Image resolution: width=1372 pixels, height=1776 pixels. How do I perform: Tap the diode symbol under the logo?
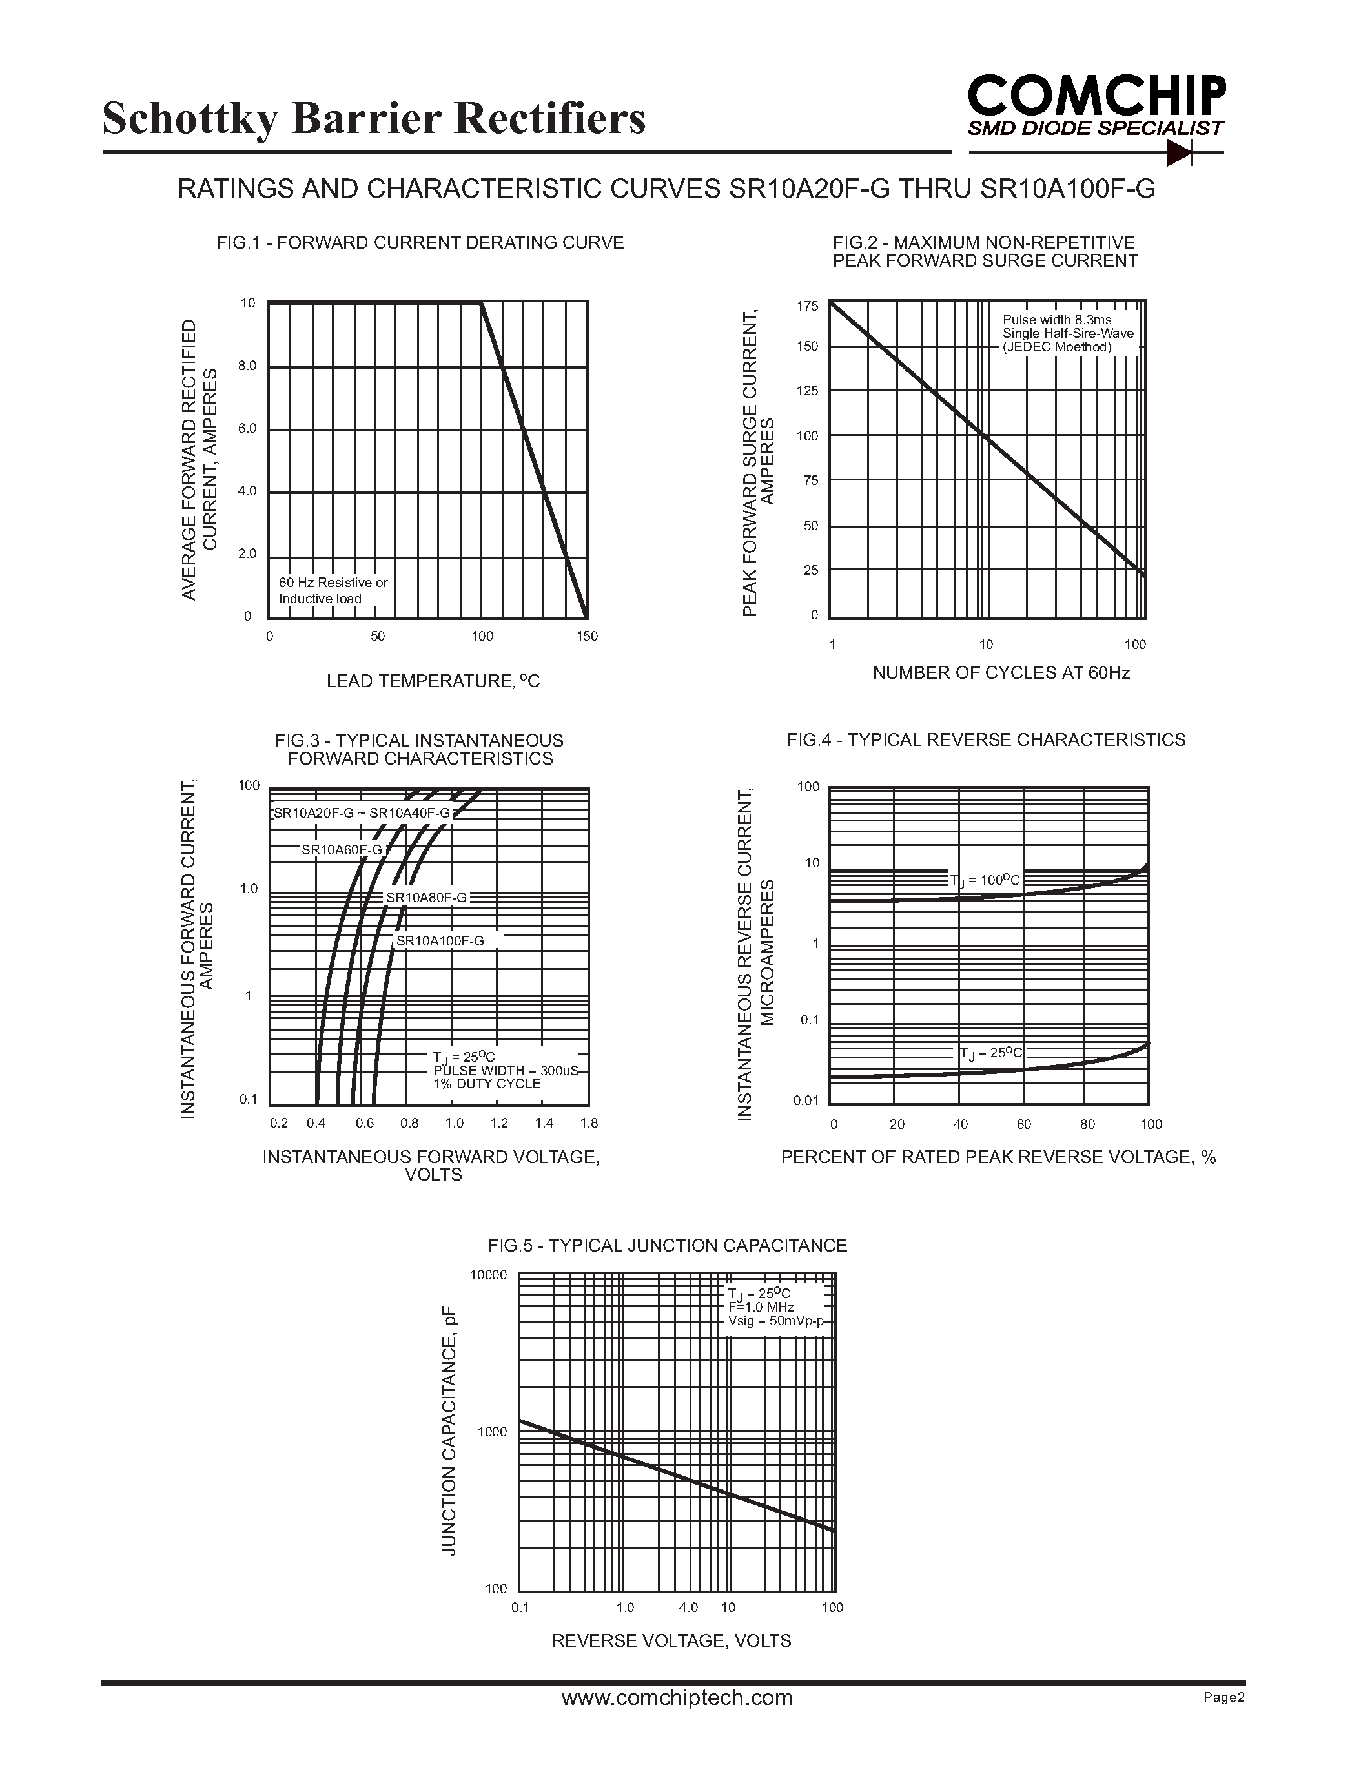point(1178,152)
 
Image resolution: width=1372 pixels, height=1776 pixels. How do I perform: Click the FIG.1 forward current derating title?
point(420,242)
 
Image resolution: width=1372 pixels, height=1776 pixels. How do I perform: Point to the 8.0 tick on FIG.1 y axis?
point(247,366)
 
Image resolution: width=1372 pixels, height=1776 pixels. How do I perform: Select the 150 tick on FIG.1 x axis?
point(587,636)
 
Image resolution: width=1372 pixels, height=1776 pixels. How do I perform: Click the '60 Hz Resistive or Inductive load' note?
point(333,590)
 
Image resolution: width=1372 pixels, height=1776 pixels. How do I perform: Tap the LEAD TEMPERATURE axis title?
point(433,681)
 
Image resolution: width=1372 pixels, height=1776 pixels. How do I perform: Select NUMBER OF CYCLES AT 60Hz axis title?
point(1001,672)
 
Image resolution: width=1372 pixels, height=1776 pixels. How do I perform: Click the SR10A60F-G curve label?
point(342,850)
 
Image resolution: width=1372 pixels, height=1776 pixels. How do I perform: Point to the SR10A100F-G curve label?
point(440,941)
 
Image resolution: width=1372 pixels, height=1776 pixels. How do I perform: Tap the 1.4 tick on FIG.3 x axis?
point(544,1123)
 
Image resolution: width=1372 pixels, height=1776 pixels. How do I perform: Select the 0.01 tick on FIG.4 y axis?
point(806,1101)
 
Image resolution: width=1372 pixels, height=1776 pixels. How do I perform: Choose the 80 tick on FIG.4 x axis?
point(1087,1124)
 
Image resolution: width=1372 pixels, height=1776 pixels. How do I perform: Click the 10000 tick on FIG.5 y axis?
point(489,1274)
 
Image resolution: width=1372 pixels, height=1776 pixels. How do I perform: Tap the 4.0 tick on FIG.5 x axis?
point(688,1607)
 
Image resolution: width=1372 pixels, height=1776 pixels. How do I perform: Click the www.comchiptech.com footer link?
point(677,1697)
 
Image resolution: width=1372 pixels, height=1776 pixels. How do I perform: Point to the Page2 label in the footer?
point(1224,1697)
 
